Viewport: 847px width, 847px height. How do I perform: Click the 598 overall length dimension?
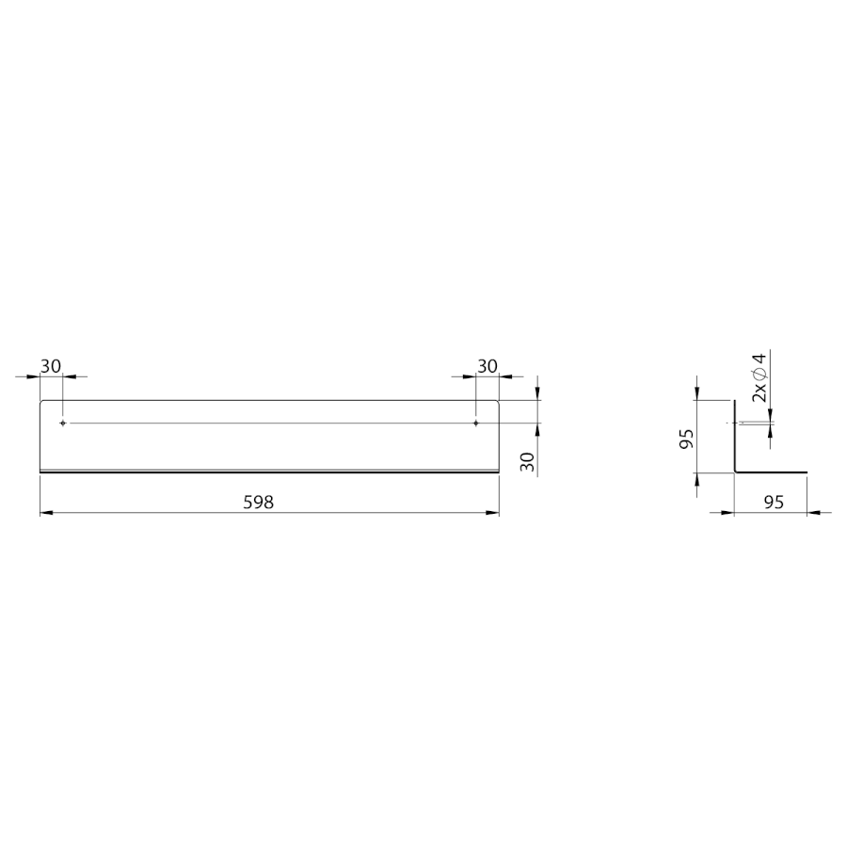coord(259,503)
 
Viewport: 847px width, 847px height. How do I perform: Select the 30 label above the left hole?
coord(51,366)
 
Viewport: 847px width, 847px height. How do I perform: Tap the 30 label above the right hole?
coord(487,366)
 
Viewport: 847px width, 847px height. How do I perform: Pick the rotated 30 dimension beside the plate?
coord(528,461)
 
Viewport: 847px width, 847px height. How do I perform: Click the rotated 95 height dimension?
coord(687,439)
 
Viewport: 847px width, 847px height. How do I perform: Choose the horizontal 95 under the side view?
coord(775,503)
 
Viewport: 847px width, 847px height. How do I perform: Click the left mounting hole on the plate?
coord(63,423)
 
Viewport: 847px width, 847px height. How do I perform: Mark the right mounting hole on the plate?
coord(475,423)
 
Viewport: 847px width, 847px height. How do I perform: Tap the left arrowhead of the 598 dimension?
coord(46,513)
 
